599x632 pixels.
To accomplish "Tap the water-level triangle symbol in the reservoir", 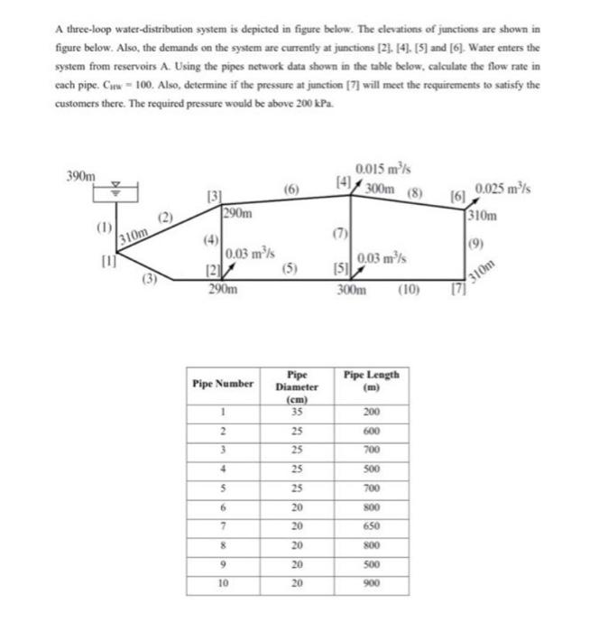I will pos(115,191).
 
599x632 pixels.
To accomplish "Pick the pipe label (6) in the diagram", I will pos(290,190).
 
